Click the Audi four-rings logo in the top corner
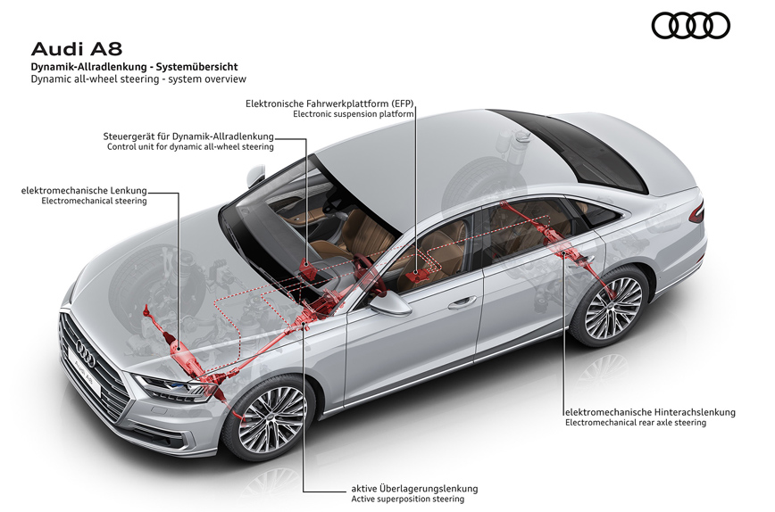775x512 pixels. tap(690, 25)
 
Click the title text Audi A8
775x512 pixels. tap(77, 49)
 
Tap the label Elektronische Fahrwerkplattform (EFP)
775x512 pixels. tap(329, 103)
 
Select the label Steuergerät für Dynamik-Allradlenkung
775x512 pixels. tap(188, 136)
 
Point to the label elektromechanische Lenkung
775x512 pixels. tap(84, 191)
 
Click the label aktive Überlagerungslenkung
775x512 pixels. tap(414, 489)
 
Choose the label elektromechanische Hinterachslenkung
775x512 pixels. tap(650, 412)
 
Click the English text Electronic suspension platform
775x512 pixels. tap(354, 114)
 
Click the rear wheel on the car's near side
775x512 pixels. tap(612, 307)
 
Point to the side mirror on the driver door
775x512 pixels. tap(391, 303)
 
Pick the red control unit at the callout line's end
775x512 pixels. tap(307, 270)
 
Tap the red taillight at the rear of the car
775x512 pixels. tap(696, 211)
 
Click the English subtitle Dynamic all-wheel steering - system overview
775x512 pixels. tap(138, 79)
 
